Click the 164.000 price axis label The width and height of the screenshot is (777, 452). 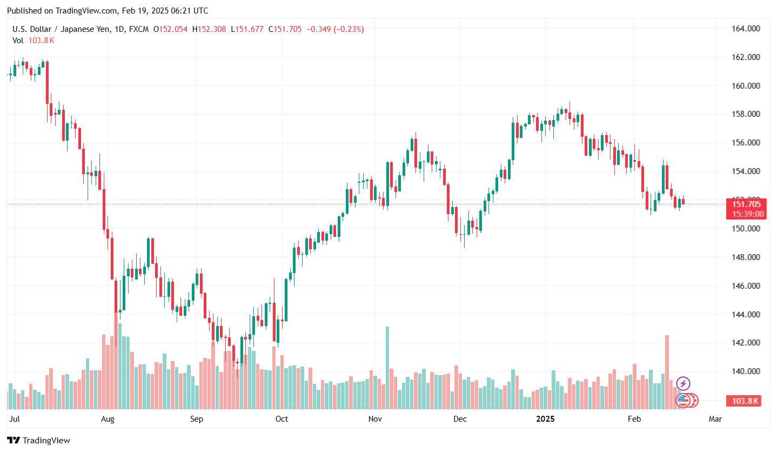745,29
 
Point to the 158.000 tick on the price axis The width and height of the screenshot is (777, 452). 745,114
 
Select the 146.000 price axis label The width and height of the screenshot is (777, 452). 745,285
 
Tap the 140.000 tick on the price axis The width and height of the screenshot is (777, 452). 745,371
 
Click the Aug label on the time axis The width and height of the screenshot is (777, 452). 108,419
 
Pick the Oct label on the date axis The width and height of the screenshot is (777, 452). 282,419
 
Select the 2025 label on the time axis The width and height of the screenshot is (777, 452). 545,419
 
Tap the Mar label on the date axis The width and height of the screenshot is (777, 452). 715,419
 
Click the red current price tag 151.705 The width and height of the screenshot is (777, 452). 746,204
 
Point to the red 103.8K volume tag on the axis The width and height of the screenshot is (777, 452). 746,401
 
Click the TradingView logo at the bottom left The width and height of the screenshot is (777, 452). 38,440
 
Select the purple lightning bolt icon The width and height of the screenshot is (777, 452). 683,384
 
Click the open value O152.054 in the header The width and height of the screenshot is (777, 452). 170,29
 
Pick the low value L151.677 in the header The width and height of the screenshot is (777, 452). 247,29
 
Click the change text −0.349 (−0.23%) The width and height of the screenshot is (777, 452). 335,29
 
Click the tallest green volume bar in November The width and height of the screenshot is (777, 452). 387,368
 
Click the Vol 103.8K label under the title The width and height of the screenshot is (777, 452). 34,41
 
